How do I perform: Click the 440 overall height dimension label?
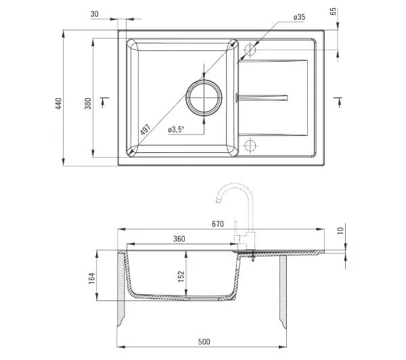(59, 104)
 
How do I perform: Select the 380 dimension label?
(88, 104)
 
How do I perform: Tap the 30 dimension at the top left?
(95, 14)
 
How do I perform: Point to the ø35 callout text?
(299, 18)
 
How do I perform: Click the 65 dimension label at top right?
(334, 11)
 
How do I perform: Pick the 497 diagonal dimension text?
(145, 129)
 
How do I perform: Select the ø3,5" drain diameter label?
(176, 129)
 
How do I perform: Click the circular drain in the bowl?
(204, 98)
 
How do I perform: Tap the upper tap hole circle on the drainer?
(250, 49)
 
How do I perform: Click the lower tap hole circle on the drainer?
(250, 145)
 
